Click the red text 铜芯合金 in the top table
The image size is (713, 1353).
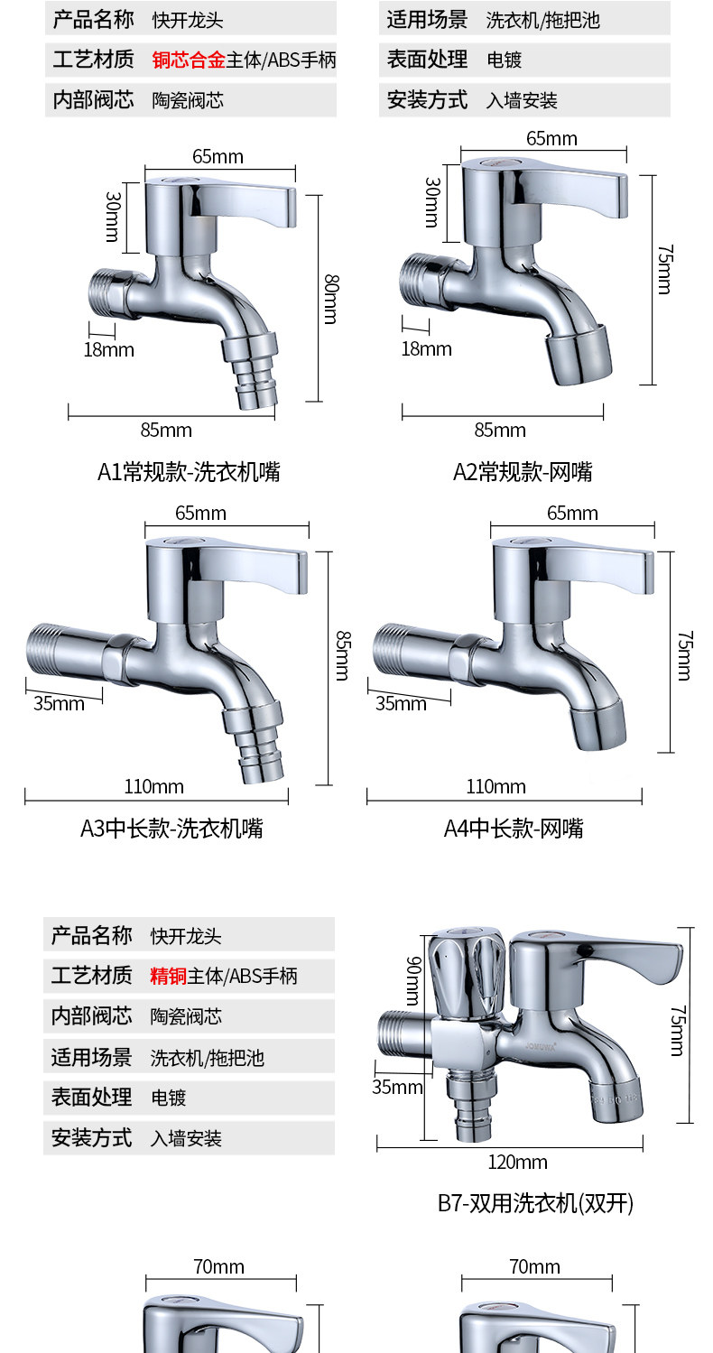click(188, 60)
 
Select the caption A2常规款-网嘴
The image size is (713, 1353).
click(523, 471)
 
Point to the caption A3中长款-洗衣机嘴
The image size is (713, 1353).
click(171, 828)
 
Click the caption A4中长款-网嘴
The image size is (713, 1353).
click(514, 828)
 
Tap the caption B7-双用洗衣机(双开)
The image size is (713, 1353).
click(535, 1202)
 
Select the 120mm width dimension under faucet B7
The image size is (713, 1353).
click(518, 1162)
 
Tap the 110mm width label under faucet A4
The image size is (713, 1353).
click(495, 787)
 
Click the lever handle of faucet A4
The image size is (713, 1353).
click(596, 564)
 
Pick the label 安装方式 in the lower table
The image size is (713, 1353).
click(91, 1138)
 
